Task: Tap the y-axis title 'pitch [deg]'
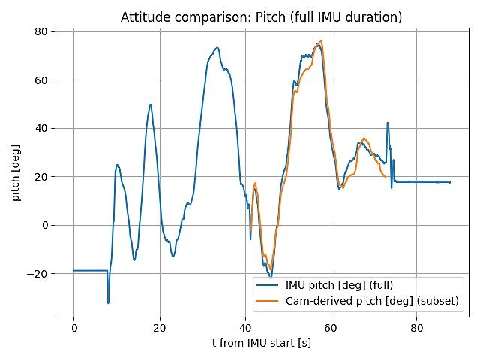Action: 16,172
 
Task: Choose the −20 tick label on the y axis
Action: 37,274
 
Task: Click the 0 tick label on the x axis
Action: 73,328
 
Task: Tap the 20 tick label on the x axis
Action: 160,328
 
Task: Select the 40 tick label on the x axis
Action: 245,328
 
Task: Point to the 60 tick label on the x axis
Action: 331,328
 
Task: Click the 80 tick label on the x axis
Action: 418,328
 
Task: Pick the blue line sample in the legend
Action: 268,285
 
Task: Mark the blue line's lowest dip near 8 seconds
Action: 108,302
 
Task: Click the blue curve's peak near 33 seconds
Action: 217,48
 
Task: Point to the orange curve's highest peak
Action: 321,41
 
